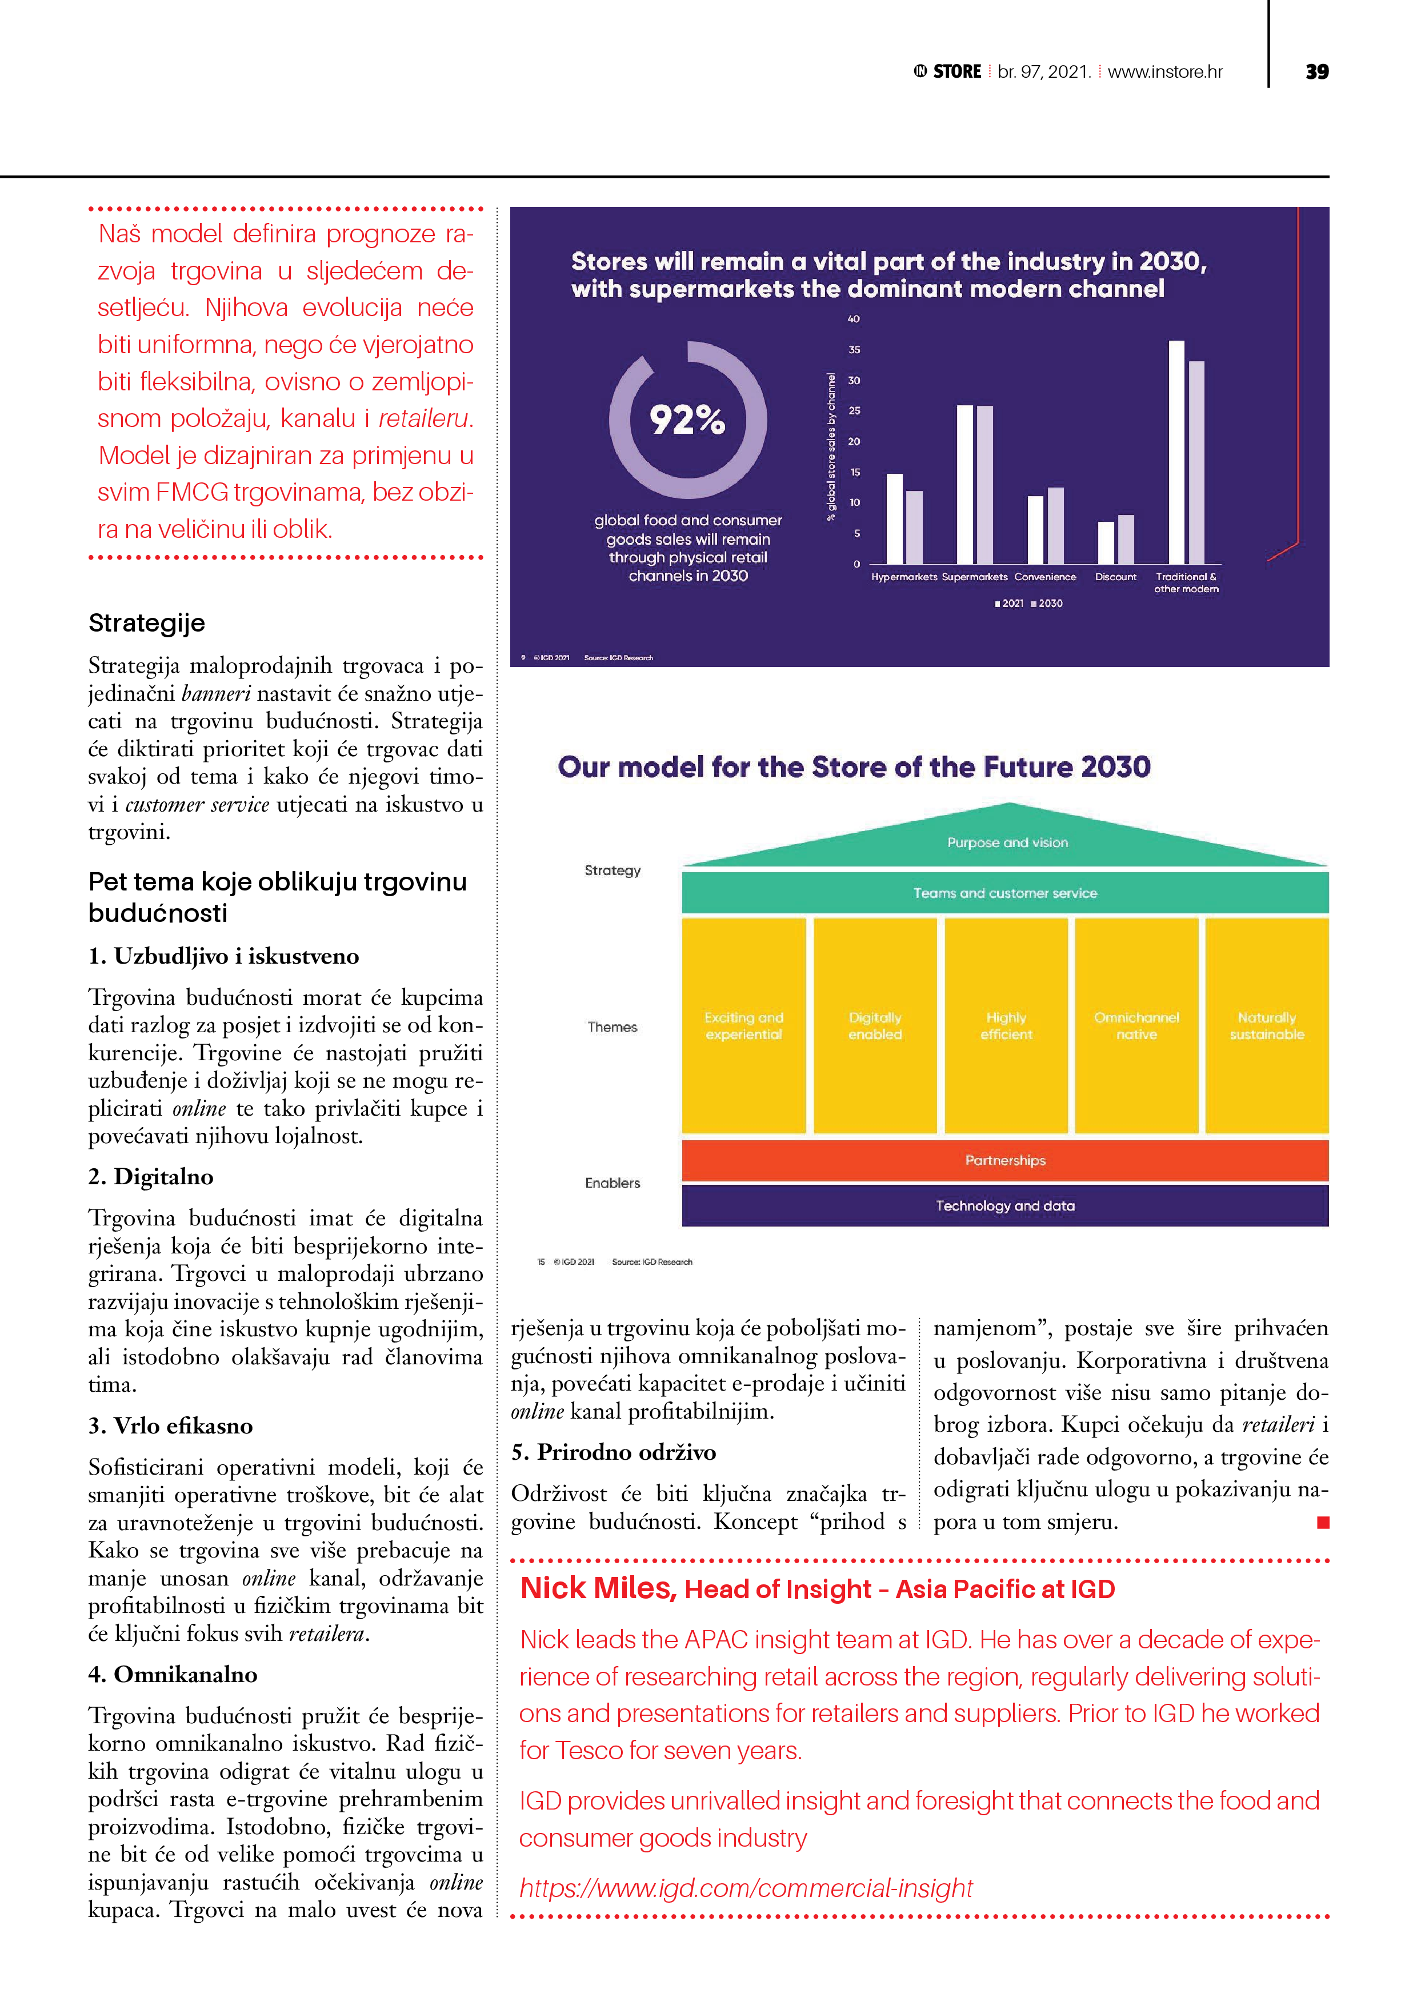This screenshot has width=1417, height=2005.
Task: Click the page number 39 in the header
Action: (1316, 71)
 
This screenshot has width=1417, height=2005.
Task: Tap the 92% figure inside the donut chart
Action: (687, 420)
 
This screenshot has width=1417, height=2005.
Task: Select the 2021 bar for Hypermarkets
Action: (894, 519)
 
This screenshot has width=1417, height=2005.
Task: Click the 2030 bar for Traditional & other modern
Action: (1196, 463)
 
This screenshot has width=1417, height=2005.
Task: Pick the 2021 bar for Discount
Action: (1105, 542)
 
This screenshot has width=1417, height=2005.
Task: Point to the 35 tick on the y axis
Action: (854, 349)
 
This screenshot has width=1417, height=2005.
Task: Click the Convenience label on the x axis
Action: (1045, 576)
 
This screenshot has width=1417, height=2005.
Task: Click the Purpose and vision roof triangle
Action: (1007, 839)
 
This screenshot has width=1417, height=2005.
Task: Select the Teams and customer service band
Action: (1005, 892)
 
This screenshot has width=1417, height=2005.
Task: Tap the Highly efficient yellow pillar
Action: (1006, 1025)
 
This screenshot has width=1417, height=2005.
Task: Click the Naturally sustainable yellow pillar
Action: (1266, 1025)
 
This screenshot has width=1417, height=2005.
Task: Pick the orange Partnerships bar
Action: (1005, 1160)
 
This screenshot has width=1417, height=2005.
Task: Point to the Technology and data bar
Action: (1005, 1205)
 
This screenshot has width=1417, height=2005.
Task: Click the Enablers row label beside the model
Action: (612, 1183)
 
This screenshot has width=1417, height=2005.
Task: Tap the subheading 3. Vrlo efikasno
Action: (170, 1425)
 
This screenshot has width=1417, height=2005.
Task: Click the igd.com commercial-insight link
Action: (746, 1887)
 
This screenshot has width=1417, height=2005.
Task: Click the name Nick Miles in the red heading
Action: (598, 1588)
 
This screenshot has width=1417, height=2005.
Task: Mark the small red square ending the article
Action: (1323, 1522)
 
